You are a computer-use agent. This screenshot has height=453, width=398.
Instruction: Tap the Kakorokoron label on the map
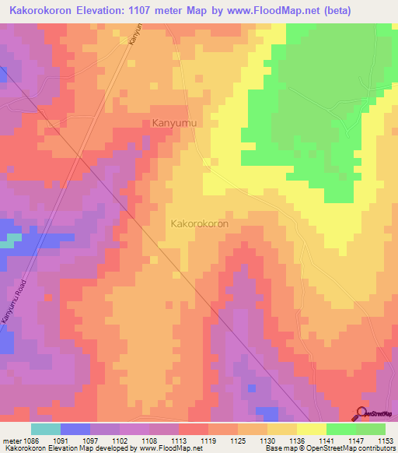pyautogui.click(x=199, y=223)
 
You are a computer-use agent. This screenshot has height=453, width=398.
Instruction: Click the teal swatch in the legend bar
pyautogui.click(x=46, y=428)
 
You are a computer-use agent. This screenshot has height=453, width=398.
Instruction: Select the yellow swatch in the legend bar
pyautogui.click(x=312, y=428)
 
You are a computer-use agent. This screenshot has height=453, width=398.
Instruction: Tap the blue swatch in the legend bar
pyautogui.click(x=75, y=428)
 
